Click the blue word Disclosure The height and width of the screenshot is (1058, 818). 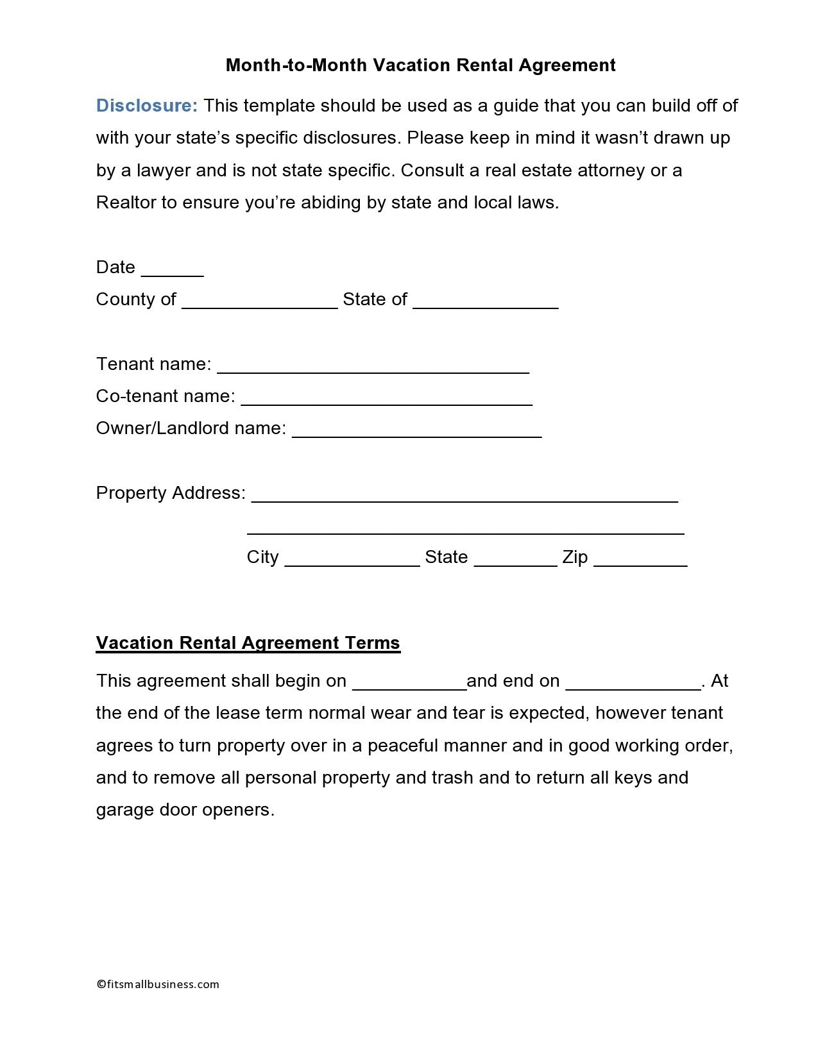[147, 106]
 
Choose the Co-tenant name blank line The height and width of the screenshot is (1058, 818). [386, 401]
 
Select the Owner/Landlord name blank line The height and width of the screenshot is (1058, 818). [416, 433]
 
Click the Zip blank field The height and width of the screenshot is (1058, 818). [640, 562]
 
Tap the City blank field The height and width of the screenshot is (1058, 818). [352, 562]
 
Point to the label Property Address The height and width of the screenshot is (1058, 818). [170, 493]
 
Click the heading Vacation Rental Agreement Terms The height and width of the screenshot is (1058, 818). [248, 643]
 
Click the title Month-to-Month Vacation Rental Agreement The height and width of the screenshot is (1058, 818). [420, 65]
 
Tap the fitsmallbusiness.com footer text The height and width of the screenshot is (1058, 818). [158, 984]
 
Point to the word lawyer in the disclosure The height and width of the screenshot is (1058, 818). [164, 171]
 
